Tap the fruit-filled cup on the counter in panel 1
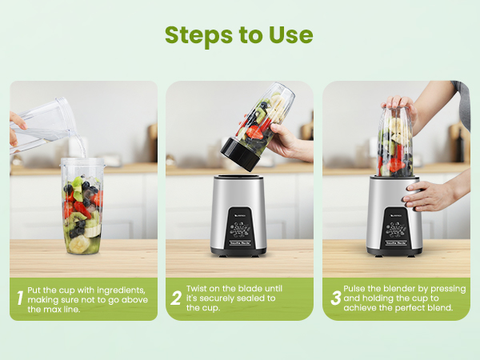click(82, 208)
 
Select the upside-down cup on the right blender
click(394, 144)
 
